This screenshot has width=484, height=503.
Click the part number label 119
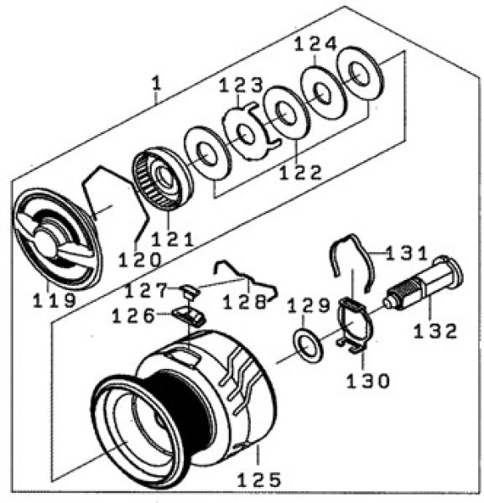[x=55, y=301]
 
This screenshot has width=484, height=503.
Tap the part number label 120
[x=139, y=260]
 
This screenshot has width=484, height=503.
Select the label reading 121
[x=172, y=239]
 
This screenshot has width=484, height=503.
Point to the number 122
[x=300, y=173]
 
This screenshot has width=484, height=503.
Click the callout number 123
[x=241, y=86]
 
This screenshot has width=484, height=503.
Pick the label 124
[x=315, y=44]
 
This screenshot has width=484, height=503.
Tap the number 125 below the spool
[x=259, y=480]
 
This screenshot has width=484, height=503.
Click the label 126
[x=133, y=316]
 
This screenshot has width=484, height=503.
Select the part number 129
[x=309, y=305]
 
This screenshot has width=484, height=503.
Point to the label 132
[x=435, y=331]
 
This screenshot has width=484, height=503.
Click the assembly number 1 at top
[x=156, y=84]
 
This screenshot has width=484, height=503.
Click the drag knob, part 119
[x=56, y=238]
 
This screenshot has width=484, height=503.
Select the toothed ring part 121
[x=163, y=179]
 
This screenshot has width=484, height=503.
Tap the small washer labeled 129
[x=308, y=346]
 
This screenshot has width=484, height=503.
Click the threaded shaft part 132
[x=423, y=284]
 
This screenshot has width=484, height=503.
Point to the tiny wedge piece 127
[x=191, y=291]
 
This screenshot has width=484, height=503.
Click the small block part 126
[x=190, y=316]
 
